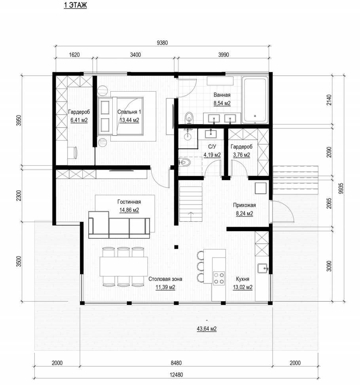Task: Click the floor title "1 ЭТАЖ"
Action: tap(75, 5)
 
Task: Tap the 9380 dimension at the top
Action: tap(162, 43)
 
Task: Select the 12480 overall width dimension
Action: tap(176, 375)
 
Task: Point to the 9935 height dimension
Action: tap(341, 188)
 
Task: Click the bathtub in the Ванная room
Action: tap(255, 100)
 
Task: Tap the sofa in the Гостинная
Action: tap(119, 225)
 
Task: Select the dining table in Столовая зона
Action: tap(123, 266)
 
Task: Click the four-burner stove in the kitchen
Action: tap(218, 278)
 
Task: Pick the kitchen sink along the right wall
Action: tap(262, 268)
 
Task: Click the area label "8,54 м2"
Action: tap(222, 103)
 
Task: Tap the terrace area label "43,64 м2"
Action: tap(207, 329)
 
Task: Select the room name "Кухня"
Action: tap(243, 279)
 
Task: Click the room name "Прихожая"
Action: tap(244, 205)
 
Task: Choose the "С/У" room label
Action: tap(212, 147)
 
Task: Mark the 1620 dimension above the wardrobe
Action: tap(74, 55)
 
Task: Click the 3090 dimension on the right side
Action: tap(329, 266)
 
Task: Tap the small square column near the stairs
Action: tap(176, 247)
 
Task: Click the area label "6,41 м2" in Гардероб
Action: tap(79, 120)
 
